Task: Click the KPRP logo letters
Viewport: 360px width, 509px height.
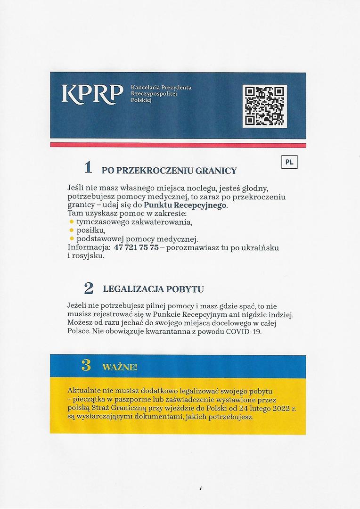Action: tap(92, 94)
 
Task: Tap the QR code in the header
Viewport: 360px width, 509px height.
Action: tap(264, 106)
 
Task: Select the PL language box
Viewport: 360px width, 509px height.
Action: tap(289, 162)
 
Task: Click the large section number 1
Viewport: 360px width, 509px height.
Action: tap(88, 167)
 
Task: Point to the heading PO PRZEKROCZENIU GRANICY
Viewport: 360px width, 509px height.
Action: tap(169, 171)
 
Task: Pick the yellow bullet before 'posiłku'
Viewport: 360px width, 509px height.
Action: tap(72, 230)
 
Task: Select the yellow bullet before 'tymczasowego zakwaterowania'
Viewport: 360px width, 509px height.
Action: tap(72, 222)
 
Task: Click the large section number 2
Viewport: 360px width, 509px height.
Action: tap(88, 288)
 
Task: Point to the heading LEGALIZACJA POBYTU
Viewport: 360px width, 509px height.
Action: tap(153, 289)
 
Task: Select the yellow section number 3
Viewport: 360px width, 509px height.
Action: tap(86, 365)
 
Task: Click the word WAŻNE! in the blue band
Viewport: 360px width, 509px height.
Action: tap(120, 367)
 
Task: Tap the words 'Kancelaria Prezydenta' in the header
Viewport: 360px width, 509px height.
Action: tap(161, 88)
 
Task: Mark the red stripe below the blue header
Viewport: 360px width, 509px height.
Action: tap(178, 145)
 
